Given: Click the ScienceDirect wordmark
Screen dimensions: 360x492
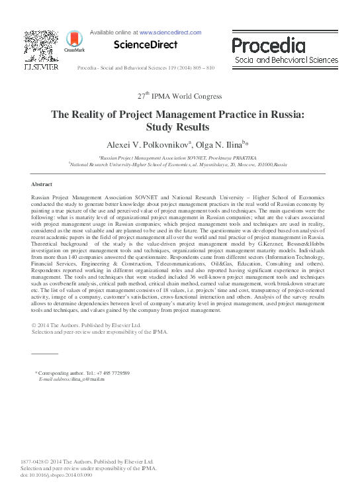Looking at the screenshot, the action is coord(146,45).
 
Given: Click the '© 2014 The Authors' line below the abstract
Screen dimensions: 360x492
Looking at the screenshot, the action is coord(87,325).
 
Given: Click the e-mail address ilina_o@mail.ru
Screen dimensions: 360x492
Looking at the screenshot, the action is coord(89,379).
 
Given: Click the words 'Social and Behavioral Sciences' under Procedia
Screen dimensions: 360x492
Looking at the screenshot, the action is coord(287,60).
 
